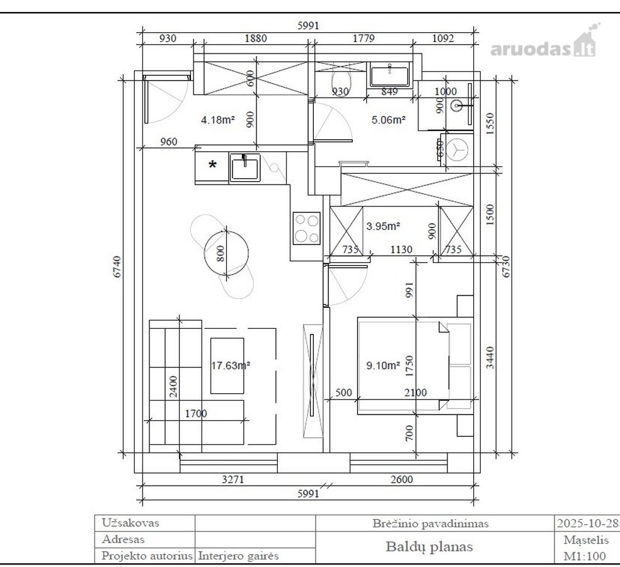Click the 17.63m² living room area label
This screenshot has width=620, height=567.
[x=230, y=365]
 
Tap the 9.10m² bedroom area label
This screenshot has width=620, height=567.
[x=383, y=365]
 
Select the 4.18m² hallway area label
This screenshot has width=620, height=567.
[x=218, y=120]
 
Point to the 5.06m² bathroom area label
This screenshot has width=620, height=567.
[x=388, y=120]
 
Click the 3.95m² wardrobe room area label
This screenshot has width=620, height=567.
[x=383, y=226]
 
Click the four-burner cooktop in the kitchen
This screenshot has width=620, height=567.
[x=306, y=229]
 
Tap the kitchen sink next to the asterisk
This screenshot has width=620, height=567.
[x=244, y=168]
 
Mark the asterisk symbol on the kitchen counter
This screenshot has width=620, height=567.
[x=213, y=164]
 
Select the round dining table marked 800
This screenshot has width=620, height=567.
[x=226, y=253]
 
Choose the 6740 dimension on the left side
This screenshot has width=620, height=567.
[x=117, y=266]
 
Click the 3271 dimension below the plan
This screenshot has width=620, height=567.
[x=233, y=479]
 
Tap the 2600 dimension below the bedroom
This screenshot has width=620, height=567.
[x=402, y=479]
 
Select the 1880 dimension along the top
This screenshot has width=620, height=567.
[x=256, y=38]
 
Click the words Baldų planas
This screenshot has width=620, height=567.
[x=429, y=547]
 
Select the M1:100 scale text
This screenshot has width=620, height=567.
[x=585, y=556]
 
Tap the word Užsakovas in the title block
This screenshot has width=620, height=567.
[x=130, y=523]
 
